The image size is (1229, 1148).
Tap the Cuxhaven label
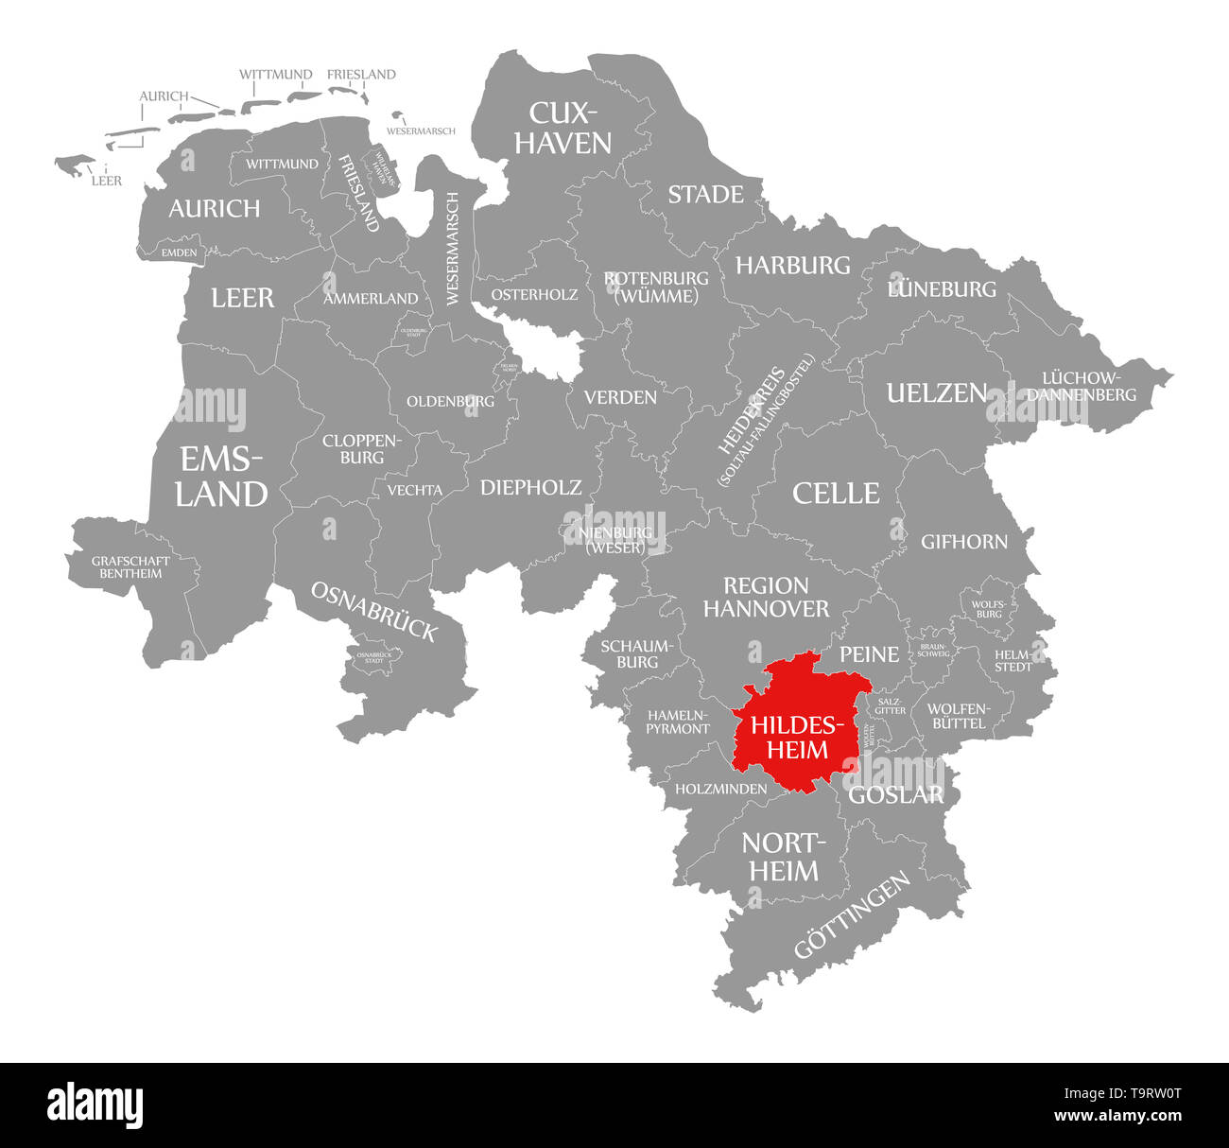point(569,128)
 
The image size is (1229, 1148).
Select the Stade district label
point(705,195)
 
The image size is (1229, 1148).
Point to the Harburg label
point(792,266)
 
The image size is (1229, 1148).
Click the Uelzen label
point(936,393)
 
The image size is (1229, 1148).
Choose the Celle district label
point(836,493)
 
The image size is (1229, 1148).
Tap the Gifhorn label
point(964,542)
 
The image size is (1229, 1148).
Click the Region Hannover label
point(766,597)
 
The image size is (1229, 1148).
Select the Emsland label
point(222,477)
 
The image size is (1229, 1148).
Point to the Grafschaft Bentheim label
point(130,567)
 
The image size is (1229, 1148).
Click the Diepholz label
point(530,487)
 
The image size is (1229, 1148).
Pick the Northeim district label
point(784,856)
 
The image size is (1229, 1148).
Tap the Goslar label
point(895,795)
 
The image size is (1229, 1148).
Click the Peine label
point(869,653)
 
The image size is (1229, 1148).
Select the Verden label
point(620,397)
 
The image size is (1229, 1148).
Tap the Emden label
point(179,252)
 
